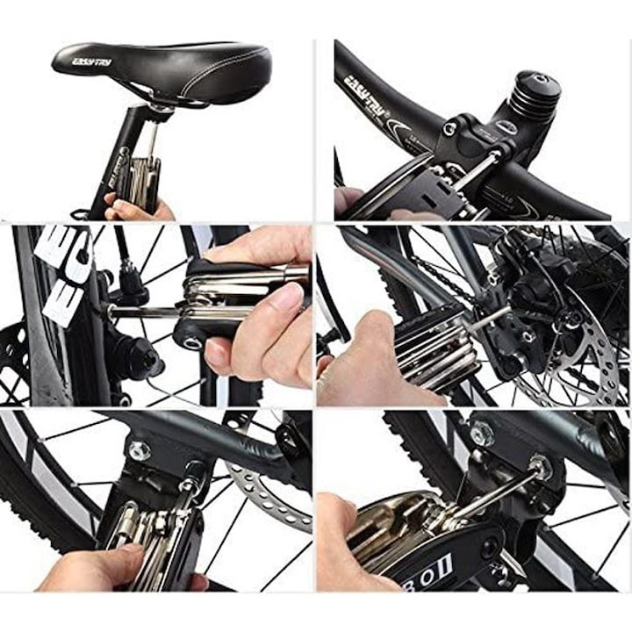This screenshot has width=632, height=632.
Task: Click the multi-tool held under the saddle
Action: (x=140, y=180)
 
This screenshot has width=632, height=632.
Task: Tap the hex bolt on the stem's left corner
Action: (x=449, y=129)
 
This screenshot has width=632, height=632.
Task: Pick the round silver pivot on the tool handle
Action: (x=190, y=333)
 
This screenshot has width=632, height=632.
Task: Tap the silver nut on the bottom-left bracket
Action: (x=140, y=450)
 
